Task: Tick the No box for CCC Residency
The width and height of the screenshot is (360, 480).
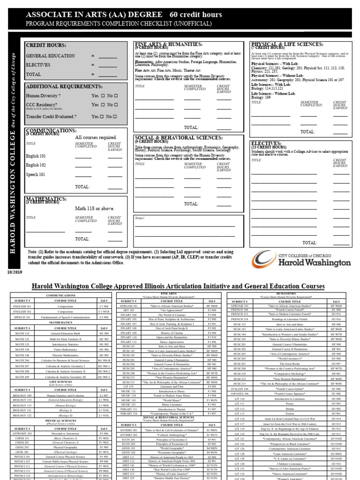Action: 115,105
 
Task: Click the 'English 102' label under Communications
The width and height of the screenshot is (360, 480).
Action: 36,165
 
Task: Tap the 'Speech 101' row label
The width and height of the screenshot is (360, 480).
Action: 36,175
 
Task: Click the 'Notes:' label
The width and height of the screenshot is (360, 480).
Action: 140,218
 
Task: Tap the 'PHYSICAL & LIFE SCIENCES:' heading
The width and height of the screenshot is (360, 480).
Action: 287,44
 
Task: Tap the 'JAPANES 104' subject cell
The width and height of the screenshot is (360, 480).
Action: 240,394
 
